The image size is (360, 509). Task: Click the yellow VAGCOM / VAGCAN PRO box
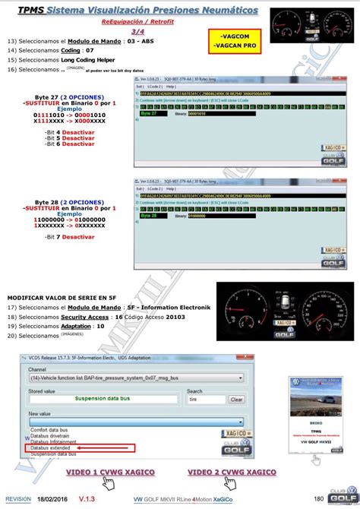(238, 41)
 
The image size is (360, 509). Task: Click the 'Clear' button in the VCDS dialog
(236, 399)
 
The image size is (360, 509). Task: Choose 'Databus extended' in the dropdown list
(53, 448)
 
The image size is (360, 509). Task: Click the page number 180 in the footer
(319, 498)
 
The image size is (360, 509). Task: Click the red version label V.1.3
(87, 498)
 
